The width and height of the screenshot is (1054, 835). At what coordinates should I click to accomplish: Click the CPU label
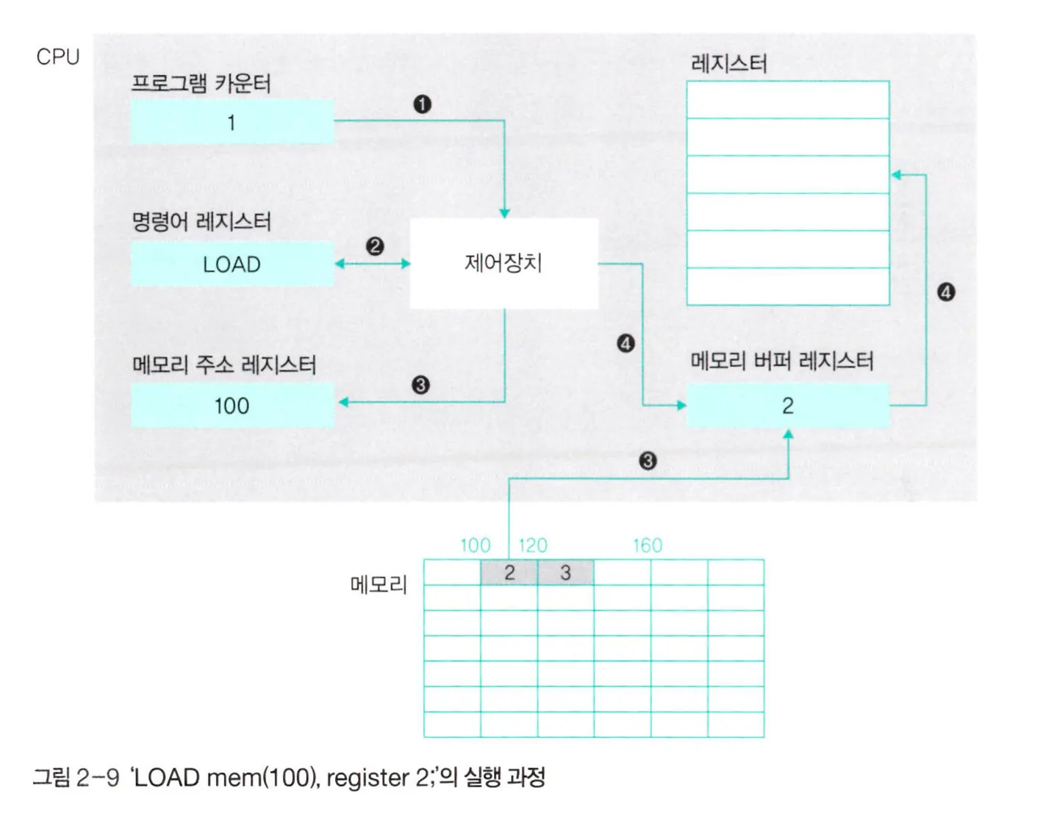coord(57,57)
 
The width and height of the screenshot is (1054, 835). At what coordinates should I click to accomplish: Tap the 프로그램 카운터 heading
coord(201,83)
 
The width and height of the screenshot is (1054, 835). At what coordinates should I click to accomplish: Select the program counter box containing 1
coord(232,122)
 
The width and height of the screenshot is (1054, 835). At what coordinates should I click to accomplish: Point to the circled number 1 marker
coord(422,104)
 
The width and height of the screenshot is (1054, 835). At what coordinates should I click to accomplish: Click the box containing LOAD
coord(232,264)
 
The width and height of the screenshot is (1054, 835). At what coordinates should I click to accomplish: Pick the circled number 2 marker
coord(374,246)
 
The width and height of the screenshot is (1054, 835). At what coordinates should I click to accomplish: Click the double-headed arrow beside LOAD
coord(373,264)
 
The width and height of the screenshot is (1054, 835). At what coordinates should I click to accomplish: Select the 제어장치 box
coord(503,263)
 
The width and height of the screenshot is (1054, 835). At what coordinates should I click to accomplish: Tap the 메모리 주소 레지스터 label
coord(223,365)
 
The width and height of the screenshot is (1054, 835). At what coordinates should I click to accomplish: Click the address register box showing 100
coord(232,406)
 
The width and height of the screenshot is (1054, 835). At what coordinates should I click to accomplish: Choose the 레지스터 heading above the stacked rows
coord(728,64)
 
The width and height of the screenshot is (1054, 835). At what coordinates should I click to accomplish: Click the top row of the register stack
coord(787,100)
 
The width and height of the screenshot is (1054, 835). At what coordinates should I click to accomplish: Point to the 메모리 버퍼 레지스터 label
coord(781,361)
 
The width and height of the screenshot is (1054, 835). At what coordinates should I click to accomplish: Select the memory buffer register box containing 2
coord(787,406)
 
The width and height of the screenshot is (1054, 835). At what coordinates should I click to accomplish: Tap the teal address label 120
coord(533,545)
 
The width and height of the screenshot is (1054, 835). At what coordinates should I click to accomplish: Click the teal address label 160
coord(647,545)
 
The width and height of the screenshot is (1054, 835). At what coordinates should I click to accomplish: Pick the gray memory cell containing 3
coord(565,573)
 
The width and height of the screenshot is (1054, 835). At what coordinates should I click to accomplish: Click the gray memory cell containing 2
coord(509,573)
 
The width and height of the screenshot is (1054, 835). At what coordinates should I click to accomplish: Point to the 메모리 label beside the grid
coord(378,585)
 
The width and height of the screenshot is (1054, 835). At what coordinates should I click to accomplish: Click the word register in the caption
coord(368,778)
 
